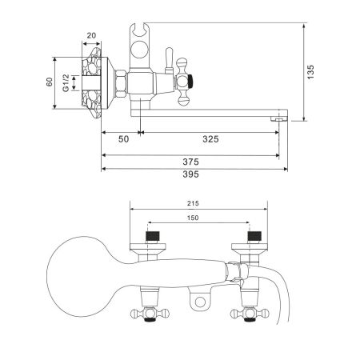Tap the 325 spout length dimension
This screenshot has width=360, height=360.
(210, 138)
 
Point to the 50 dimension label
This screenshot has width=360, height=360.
(123, 138)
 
